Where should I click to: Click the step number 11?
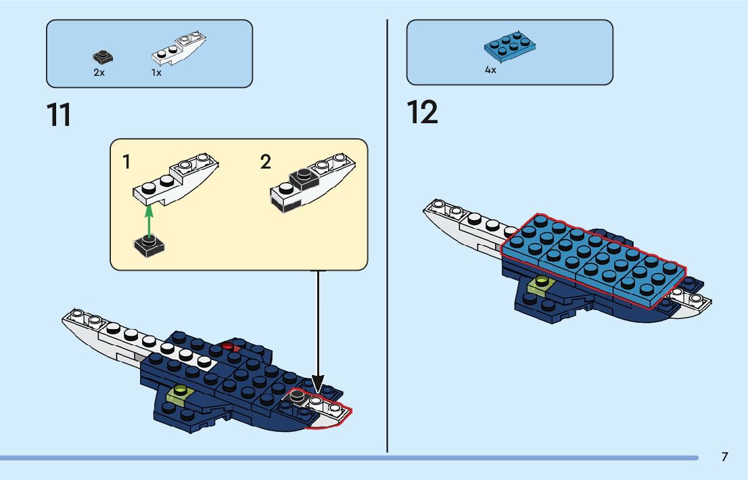(59, 115)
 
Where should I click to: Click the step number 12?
(422, 112)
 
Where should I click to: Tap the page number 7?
(724, 457)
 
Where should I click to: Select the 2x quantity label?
(99, 72)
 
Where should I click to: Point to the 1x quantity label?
(156, 72)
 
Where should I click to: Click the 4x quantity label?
(490, 70)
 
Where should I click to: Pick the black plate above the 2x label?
(103, 57)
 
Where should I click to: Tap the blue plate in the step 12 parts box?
(510, 46)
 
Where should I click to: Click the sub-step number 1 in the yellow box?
(127, 162)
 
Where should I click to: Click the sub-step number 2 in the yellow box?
(265, 162)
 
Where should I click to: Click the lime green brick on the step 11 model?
(180, 391)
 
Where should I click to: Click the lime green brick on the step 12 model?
(541, 285)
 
